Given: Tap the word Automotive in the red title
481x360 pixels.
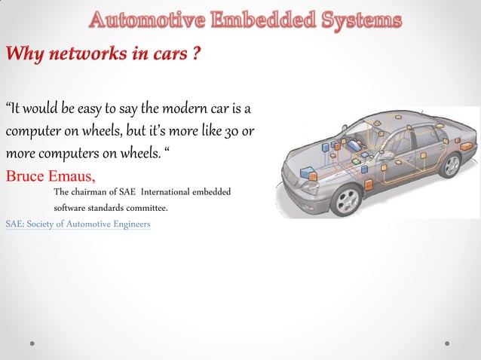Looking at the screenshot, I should pyautogui.click(x=142, y=20).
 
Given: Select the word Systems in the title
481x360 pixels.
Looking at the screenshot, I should pyautogui.click(x=354, y=20).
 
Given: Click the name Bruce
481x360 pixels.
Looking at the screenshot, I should pyautogui.click(x=29, y=178).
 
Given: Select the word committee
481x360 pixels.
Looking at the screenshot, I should pyautogui.click(x=143, y=208).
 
